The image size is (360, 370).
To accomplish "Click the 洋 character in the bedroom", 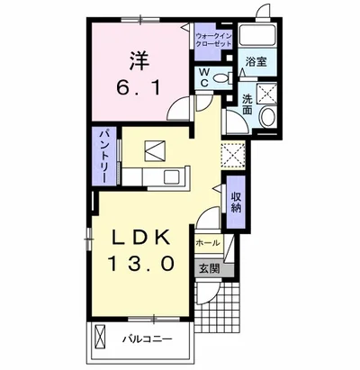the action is click(139, 61).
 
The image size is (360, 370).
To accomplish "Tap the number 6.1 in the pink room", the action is click(139, 88).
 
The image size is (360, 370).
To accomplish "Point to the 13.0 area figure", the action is click(140, 264).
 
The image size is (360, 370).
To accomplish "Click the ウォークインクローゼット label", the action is click(213, 40).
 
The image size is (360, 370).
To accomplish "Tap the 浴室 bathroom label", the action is click(256, 61).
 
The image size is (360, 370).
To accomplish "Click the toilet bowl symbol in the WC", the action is click(221, 79).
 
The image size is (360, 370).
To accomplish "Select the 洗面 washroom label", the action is click(247, 104).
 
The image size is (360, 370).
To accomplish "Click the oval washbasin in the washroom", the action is click(267, 117).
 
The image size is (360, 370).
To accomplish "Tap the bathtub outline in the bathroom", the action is click(258, 34).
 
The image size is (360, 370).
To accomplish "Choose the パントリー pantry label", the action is click(103, 156).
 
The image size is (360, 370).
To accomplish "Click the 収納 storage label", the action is click(236, 203).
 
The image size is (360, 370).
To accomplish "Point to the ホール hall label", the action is click(208, 243).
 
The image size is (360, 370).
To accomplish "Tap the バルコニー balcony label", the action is click(147, 339).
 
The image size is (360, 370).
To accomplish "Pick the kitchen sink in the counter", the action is click(172, 177).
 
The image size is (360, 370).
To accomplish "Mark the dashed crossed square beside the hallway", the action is click(233, 156).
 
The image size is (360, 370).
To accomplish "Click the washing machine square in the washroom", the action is click(266, 93).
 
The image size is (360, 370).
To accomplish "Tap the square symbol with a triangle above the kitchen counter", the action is click(155, 150).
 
